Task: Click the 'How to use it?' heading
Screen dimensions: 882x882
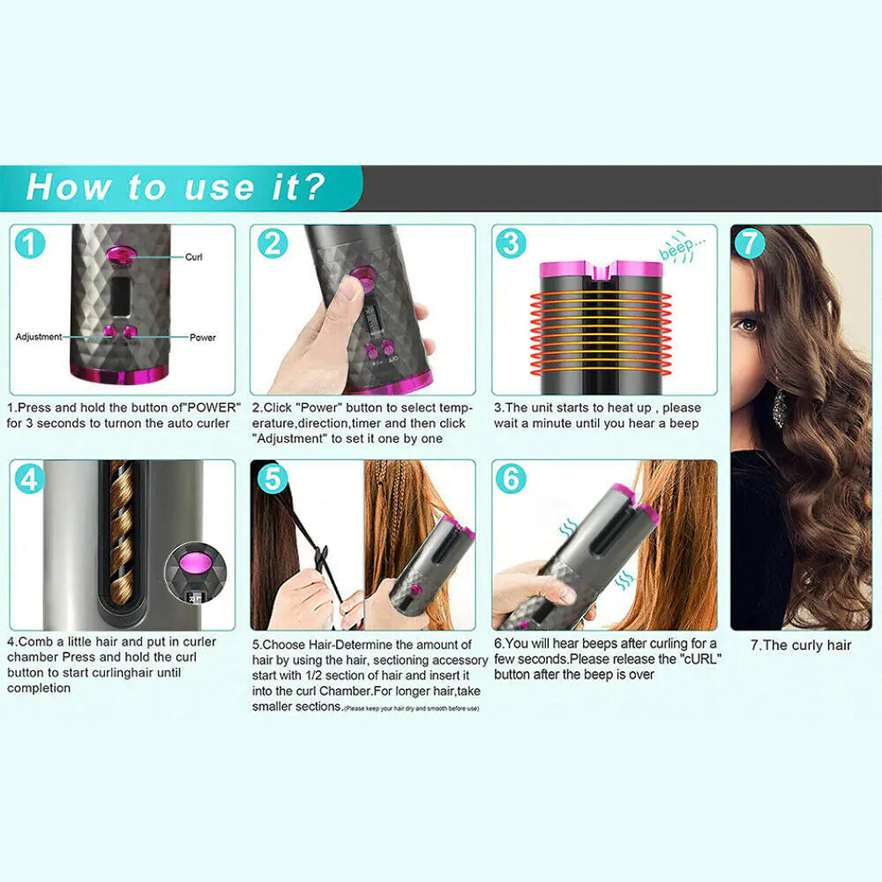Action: (176, 187)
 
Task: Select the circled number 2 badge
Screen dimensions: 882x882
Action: (272, 243)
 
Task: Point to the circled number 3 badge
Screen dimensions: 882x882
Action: (511, 243)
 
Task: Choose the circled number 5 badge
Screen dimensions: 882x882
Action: (272, 479)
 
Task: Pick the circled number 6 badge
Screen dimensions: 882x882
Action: (511, 479)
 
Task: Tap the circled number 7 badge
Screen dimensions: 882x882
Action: (750, 243)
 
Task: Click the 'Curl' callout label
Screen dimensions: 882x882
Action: (193, 258)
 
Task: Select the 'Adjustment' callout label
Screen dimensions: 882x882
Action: (39, 337)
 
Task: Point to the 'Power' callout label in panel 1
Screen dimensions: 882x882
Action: (202, 337)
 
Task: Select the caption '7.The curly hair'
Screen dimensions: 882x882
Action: (801, 645)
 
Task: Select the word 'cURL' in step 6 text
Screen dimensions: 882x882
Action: (697, 659)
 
